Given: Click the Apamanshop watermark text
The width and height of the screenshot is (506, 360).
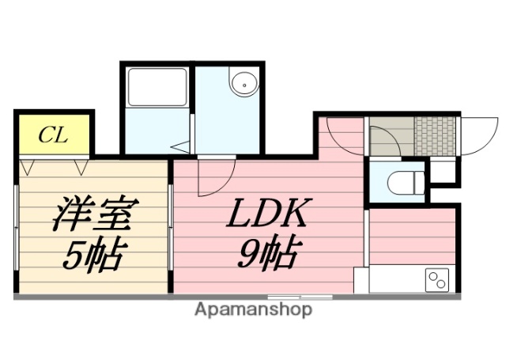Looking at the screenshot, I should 253,309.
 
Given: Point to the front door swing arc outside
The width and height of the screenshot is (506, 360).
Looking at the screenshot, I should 478,137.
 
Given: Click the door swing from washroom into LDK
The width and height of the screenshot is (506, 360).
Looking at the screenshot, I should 215,176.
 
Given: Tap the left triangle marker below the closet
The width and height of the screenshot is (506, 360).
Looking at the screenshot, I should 29,167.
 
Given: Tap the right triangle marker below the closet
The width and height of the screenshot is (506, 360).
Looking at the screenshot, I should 81,167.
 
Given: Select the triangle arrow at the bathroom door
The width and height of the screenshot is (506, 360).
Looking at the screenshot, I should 182,146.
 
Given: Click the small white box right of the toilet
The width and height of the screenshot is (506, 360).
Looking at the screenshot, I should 444,171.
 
